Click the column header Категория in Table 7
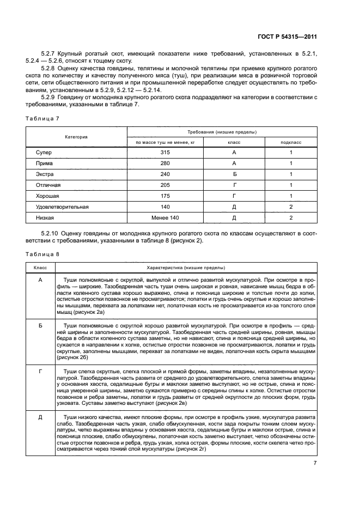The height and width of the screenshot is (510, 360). (77, 137)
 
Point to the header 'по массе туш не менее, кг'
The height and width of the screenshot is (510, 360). (166, 142)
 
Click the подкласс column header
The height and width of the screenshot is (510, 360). (290, 142)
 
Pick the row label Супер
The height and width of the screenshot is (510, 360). (44, 153)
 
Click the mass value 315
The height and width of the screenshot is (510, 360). (166, 153)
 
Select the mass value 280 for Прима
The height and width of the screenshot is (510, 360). (166, 163)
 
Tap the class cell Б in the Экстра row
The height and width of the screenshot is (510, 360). (234, 174)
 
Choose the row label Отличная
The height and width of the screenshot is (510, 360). (48, 185)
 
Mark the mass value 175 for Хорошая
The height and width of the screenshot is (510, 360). (166, 196)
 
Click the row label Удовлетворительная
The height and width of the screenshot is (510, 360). (62, 207)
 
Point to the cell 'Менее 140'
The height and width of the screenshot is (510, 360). (166, 217)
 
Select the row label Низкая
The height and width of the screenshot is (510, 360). (45, 217)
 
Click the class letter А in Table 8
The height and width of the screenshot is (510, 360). (40, 279)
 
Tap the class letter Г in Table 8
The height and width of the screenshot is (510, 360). (40, 371)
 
